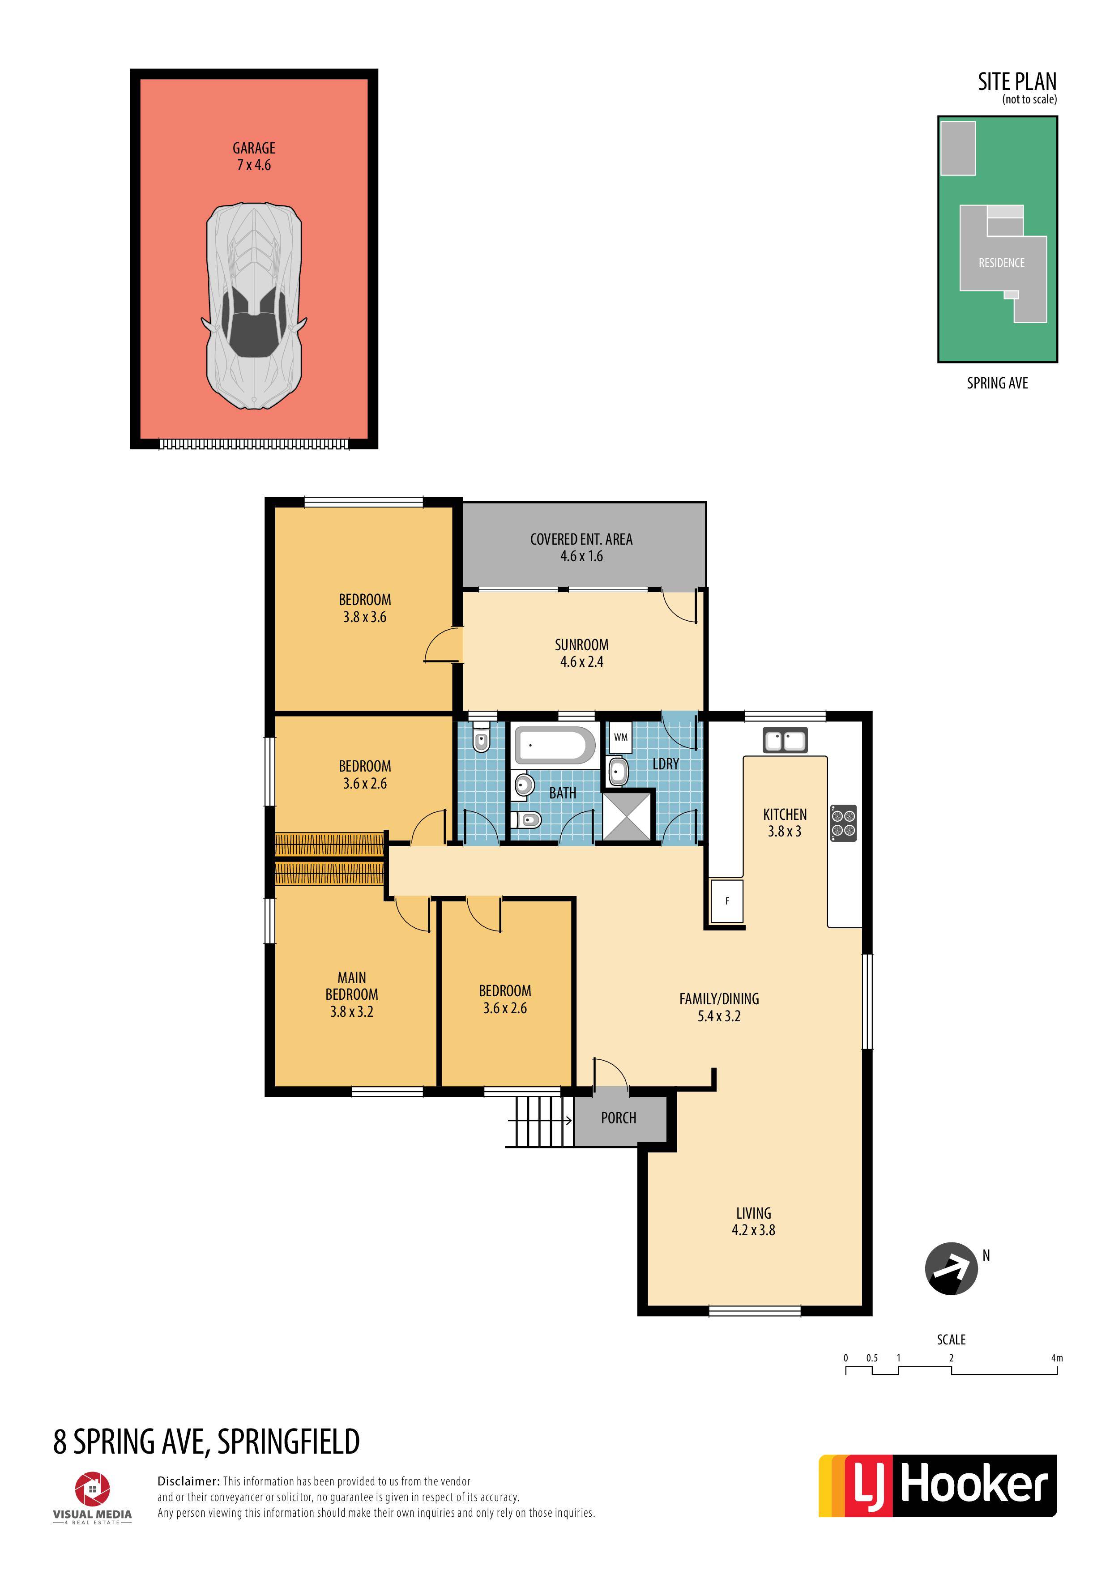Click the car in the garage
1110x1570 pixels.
pos(254,306)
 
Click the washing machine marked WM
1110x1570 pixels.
pos(620,737)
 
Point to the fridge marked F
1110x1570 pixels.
pos(727,901)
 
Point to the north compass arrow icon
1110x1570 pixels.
pos(951,1268)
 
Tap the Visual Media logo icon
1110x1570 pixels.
pos(92,1489)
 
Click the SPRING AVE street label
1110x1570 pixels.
pos(997,383)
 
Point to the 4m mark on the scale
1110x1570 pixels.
pos(1057,1358)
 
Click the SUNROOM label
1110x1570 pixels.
pos(581,645)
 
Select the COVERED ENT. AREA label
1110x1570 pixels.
pos(581,539)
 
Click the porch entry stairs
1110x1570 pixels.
pos(539,1121)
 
